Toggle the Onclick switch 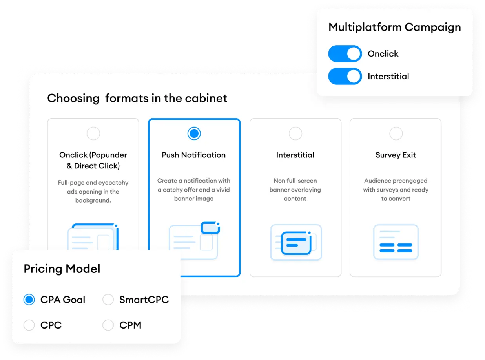pyautogui.click(x=345, y=54)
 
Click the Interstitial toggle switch pyautogui.click(x=345, y=76)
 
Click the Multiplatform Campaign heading pyautogui.click(x=394, y=27)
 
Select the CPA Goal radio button pyautogui.click(x=29, y=300)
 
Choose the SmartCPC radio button pyautogui.click(x=108, y=300)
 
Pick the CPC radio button pyautogui.click(x=29, y=325)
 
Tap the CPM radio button pyautogui.click(x=108, y=325)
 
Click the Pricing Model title pyautogui.click(x=62, y=269)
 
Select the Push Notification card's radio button pyautogui.click(x=194, y=134)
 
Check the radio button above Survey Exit pyautogui.click(x=396, y=134)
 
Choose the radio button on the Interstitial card pyautogui.click(x=295, y=134)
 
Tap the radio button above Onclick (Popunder pyautogui.click(x=93, y=134)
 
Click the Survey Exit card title pyautogui.click(x=396, y=155)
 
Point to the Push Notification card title pyautogui.click(x=194, y=155)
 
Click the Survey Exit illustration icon pyautogui.click(x=396, y=242)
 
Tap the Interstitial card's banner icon pyautogui.click(x=296, y=242)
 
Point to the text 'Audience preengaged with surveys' pyautogui.click(x=396, y=185)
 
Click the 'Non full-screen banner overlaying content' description pyautogui.click(x=295, y=190)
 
